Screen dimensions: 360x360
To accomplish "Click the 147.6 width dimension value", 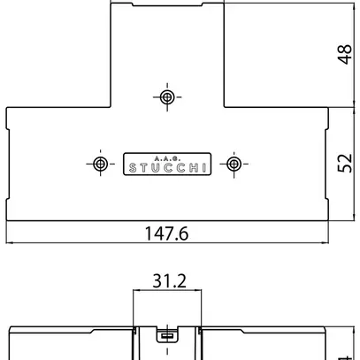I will (x=167, y=234).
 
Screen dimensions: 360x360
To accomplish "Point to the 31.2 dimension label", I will (x=168, y=282).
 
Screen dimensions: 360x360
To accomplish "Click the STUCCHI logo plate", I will (x=167, y=165).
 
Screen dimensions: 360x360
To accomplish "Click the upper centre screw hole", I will (x=167, y=96).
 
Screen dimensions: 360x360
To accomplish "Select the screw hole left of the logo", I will (x=101, y=165).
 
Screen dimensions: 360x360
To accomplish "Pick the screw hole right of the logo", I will (x=234, y=165).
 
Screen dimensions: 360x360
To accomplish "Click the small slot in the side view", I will (x=167, y=335).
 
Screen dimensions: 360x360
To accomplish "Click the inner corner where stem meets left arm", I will (x=111, y=108).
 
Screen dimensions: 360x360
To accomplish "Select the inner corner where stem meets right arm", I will (x=223, y=108).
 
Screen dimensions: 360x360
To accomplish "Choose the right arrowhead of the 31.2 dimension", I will (x=200, y=293).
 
